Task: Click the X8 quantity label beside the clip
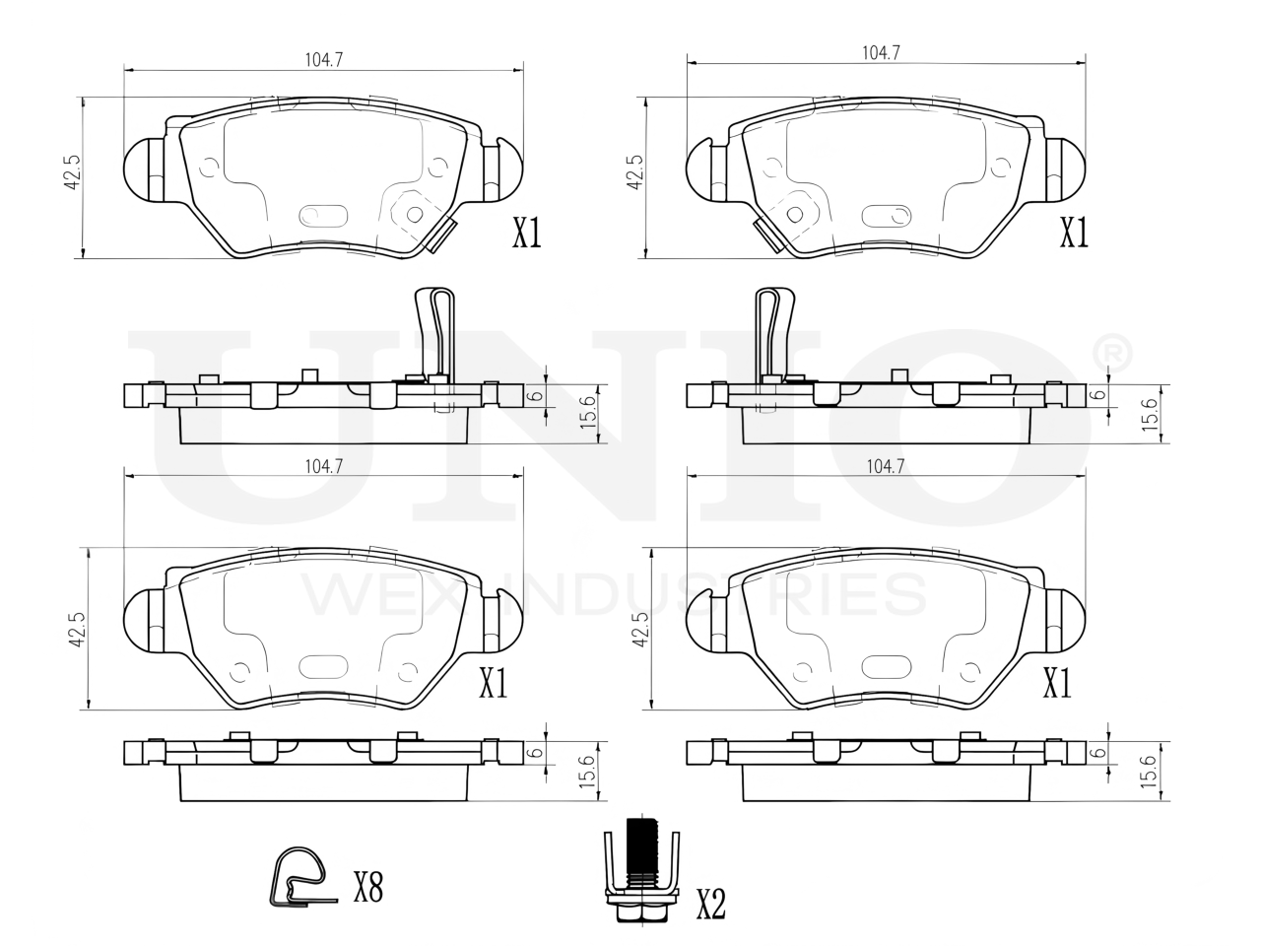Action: coord(367,886)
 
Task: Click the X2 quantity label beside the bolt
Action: coord(710,905)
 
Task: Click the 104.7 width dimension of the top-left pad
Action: coord(323,60)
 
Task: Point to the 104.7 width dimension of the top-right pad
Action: coord(881,53)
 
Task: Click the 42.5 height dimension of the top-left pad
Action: coord(72,172)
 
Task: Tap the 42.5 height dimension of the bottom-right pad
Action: coord(640,629)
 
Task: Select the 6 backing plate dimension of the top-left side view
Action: coord(535,395)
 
